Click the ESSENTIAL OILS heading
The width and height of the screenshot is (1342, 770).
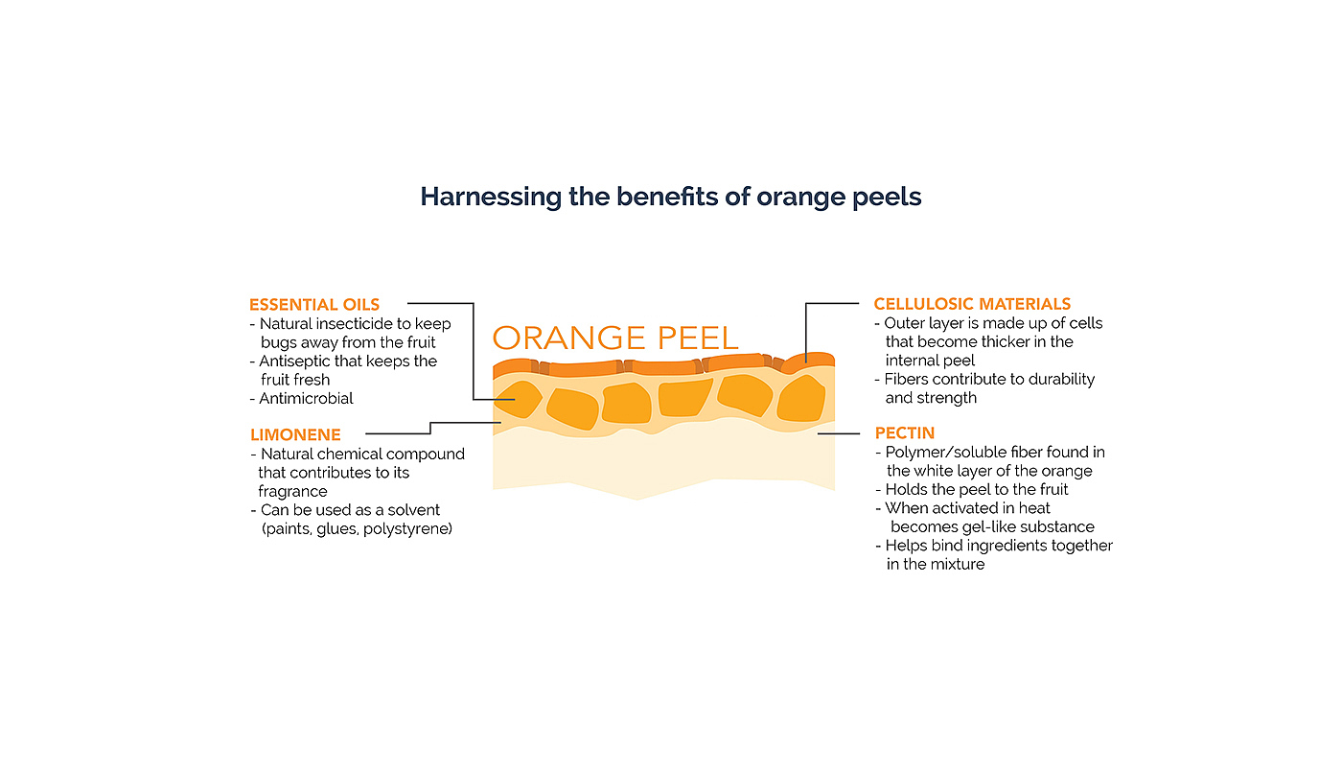pos(314,305)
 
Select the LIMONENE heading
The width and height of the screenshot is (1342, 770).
pos(295,435)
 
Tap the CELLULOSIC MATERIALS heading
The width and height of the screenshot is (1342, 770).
pos(972,305)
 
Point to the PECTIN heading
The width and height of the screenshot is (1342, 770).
pos(904,433)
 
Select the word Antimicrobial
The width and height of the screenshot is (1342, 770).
pos(306,398)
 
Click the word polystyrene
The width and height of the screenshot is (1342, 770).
pos(409,528)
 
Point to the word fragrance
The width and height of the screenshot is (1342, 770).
pos(292,491)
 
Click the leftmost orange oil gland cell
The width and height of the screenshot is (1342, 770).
pos(518,399)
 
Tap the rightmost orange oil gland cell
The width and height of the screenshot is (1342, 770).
pos(800,399)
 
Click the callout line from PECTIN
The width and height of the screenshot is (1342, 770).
pos(838,433)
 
